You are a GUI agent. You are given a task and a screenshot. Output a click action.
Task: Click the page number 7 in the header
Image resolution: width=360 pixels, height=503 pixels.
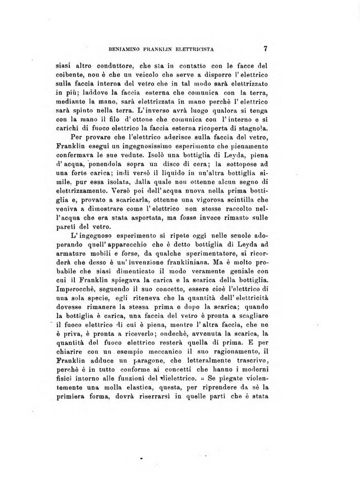pos(266,48)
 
